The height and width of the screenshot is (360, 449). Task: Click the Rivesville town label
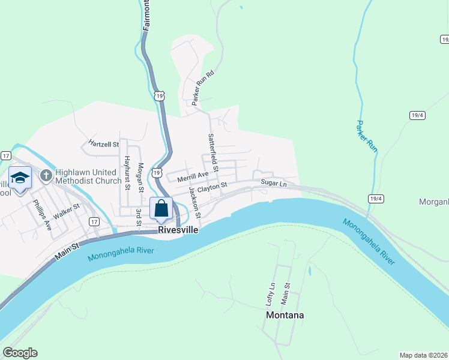point(178,230)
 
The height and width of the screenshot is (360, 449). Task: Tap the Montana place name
point(285,315)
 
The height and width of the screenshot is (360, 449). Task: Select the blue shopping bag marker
point(161,209)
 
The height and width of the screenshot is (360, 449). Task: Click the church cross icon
point(45,176)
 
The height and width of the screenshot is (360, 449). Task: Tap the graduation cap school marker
point(20,178)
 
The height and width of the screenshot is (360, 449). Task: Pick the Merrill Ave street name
point(192,175)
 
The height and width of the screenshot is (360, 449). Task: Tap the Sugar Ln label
point(274,183)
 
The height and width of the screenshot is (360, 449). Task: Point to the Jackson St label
point(194,202)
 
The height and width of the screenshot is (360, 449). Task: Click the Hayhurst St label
point(127,172)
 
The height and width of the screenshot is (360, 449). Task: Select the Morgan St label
point(141,177)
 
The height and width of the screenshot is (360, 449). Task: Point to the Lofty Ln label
point(272,294)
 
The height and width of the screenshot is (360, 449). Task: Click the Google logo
point(20,353)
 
